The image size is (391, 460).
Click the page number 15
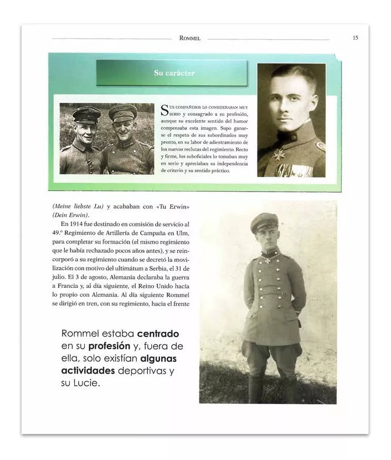coord(355,38)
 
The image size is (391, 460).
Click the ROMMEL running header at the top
coord(189,39)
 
